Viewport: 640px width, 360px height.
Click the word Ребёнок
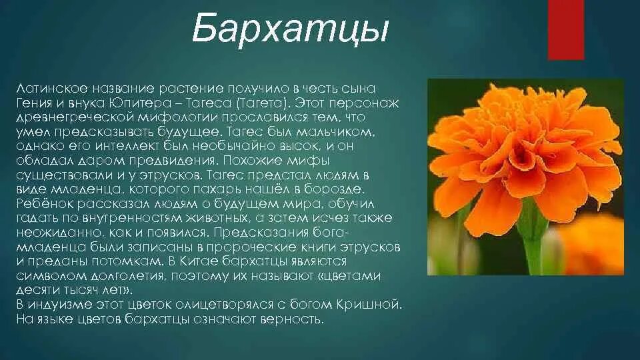[41, 204]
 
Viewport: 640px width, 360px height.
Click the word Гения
[33, 103]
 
